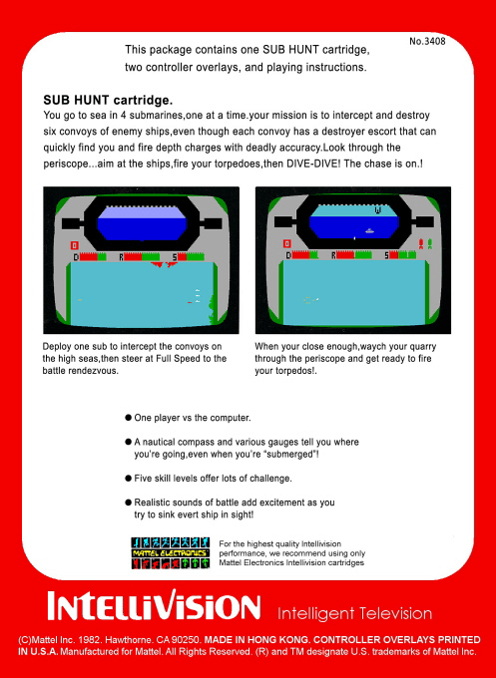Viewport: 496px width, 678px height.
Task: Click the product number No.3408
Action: pos(427,41)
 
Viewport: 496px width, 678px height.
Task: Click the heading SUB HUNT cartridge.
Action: pos(108,101)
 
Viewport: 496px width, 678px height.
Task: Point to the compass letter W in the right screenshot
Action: pos(378,210)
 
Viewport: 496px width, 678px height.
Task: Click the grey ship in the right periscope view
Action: pos(369,231)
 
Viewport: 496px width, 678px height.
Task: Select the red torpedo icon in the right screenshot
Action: pos(421,244)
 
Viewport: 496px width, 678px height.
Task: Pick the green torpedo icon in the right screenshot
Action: pos(430,244)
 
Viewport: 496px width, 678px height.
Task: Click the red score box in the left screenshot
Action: pos(75,245)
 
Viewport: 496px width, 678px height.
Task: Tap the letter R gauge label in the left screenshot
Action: pos(122,257)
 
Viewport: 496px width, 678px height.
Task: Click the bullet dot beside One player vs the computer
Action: pos(128,418)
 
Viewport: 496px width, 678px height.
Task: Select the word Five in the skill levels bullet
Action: pos(142,479)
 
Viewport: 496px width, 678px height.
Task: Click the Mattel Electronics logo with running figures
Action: pos(171,553)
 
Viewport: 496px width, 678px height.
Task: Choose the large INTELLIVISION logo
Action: pos(154,606)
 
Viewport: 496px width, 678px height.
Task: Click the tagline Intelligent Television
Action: pos(354,613)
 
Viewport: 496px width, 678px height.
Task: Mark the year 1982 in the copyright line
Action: pos(91,640)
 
